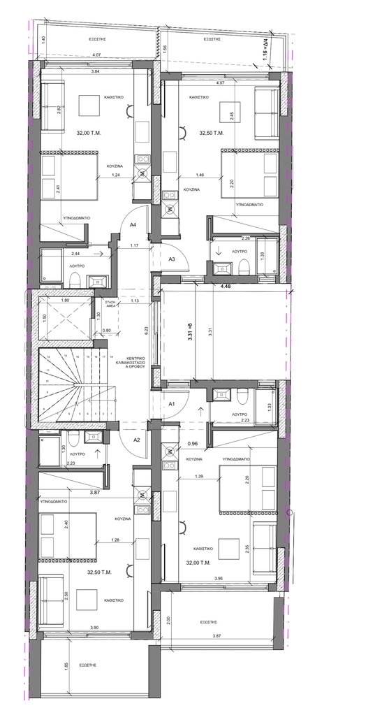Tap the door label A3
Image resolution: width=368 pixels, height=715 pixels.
pyautogui.click(x=172, y=259)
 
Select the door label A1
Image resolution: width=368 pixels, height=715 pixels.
pyautogui.click(x=172, y=403)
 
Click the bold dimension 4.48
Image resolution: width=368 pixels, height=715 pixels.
pyautogui.click(x=226, y=285)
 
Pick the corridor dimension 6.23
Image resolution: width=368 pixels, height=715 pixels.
pyautogui.click(x=147, y=331)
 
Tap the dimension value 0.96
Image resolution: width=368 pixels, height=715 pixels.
pyautogui.click(x=193, y=443)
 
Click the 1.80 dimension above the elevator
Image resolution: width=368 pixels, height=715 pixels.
pyautogui.click(x=65, y=301)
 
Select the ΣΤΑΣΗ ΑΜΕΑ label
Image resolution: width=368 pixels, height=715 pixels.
pyautogui.click(x=110, y=304)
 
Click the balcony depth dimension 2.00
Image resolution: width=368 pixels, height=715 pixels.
pyautogui.click(x=166, y=619)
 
